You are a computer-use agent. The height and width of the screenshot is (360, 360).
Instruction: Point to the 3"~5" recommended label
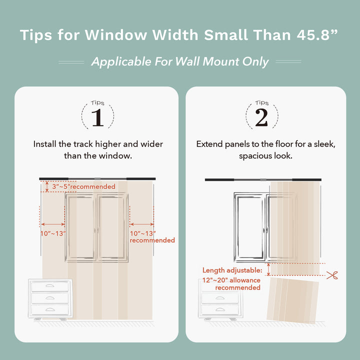click(x=82, y=186)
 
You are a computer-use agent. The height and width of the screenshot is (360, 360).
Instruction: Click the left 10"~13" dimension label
click(x=52, y=233)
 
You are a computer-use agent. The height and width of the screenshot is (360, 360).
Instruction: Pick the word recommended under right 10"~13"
click(x=152, y=240)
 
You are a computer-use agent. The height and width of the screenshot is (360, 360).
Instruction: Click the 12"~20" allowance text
click(x=231, y=280)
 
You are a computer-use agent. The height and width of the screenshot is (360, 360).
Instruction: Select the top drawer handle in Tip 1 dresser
click(x=49, y=286)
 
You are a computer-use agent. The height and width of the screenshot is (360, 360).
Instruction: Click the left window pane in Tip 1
click(x=80, y=228)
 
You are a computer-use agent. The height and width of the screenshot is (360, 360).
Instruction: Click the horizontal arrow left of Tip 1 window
click(x=52, y=224)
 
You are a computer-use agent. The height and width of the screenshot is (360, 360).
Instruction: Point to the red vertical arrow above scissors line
click(x=268, y=269)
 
